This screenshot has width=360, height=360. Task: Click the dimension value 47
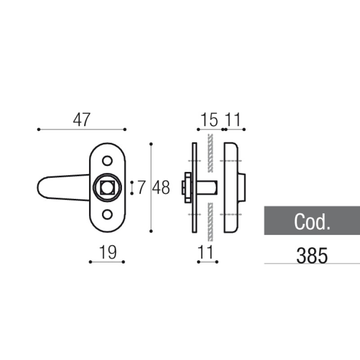click(81, 120)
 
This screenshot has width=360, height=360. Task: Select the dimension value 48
click(161, 188)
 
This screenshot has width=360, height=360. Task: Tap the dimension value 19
click(107, 252)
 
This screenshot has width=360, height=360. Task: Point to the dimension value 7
click(141, 188)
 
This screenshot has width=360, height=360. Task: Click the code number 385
click(311, 256)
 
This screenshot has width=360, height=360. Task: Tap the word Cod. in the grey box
click(312, 221)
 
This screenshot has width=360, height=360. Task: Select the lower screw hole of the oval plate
click(107, 215)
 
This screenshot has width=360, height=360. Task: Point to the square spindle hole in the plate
click(107, 188)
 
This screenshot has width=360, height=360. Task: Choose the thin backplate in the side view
click(194, 188)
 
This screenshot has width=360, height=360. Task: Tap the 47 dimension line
click(81, 129)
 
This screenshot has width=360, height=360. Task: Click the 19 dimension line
click(107, 261)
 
